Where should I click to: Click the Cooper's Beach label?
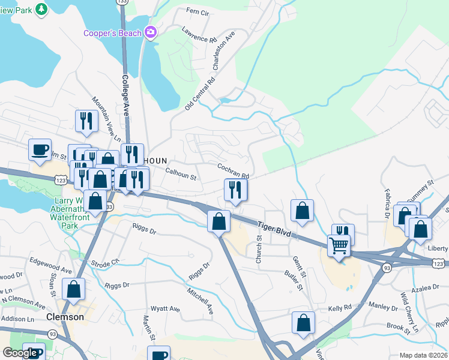112,32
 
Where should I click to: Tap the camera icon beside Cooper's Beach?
150,32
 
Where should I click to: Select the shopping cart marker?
339,245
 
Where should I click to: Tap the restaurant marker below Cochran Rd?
235,190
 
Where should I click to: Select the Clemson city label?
65,316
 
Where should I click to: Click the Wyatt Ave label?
165,309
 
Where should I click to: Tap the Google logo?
20,353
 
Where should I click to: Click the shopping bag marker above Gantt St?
302,211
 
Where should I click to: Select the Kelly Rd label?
339,308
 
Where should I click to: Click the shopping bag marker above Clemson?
74,289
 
